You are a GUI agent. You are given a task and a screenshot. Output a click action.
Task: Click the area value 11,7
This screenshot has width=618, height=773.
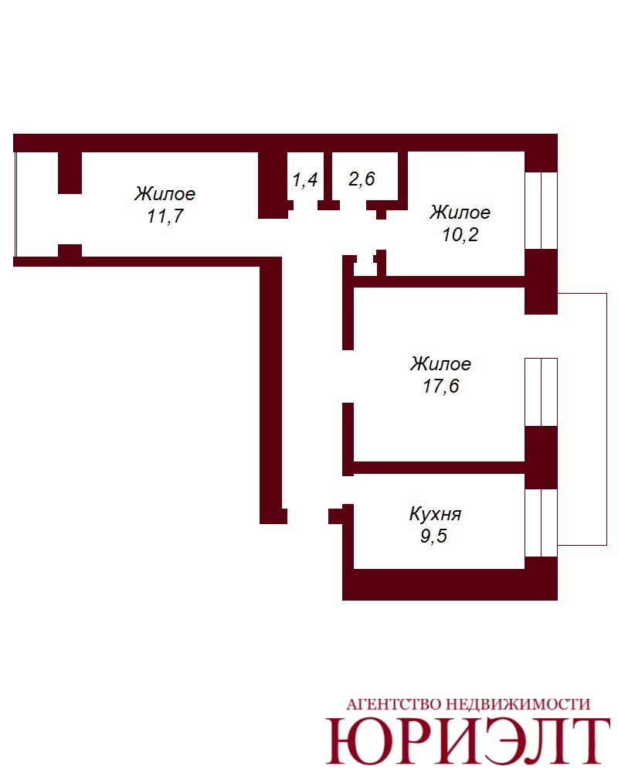(165, 216)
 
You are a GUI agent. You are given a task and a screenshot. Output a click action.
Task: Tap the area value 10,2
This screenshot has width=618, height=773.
(460, 235)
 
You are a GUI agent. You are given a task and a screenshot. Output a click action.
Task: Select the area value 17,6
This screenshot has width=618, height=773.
(440, 386)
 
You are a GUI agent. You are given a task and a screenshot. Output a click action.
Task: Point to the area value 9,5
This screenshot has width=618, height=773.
(433, 536)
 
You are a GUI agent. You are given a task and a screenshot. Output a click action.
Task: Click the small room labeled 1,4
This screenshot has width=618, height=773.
(305, 179)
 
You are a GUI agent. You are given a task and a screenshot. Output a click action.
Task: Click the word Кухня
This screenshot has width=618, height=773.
(435, 514)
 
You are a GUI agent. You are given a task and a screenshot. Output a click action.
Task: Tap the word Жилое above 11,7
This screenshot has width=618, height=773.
(165, 193)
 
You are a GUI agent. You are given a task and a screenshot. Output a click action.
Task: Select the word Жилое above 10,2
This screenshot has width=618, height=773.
(460, 212)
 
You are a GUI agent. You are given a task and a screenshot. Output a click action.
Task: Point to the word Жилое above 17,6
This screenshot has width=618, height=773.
(440, 364)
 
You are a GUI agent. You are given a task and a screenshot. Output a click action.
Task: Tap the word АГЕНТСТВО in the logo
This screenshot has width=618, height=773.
(393, 704)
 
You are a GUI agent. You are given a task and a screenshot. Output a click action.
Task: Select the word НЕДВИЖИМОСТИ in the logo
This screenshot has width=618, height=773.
(518, 704)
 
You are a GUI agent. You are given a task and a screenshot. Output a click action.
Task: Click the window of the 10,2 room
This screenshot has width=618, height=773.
(541, 210)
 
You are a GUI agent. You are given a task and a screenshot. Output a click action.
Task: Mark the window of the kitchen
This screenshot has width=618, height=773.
(541, 523)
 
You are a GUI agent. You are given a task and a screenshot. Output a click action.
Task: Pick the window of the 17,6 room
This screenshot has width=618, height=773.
(541, 392)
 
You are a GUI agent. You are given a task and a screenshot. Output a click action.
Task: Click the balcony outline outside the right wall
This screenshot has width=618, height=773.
(606, 419)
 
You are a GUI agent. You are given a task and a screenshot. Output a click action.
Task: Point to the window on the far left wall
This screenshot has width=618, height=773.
(15, 204)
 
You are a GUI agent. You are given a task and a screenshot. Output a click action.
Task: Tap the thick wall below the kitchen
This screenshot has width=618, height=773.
(450, 584)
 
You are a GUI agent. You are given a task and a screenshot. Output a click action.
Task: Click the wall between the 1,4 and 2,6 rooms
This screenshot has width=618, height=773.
(328, 181)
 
